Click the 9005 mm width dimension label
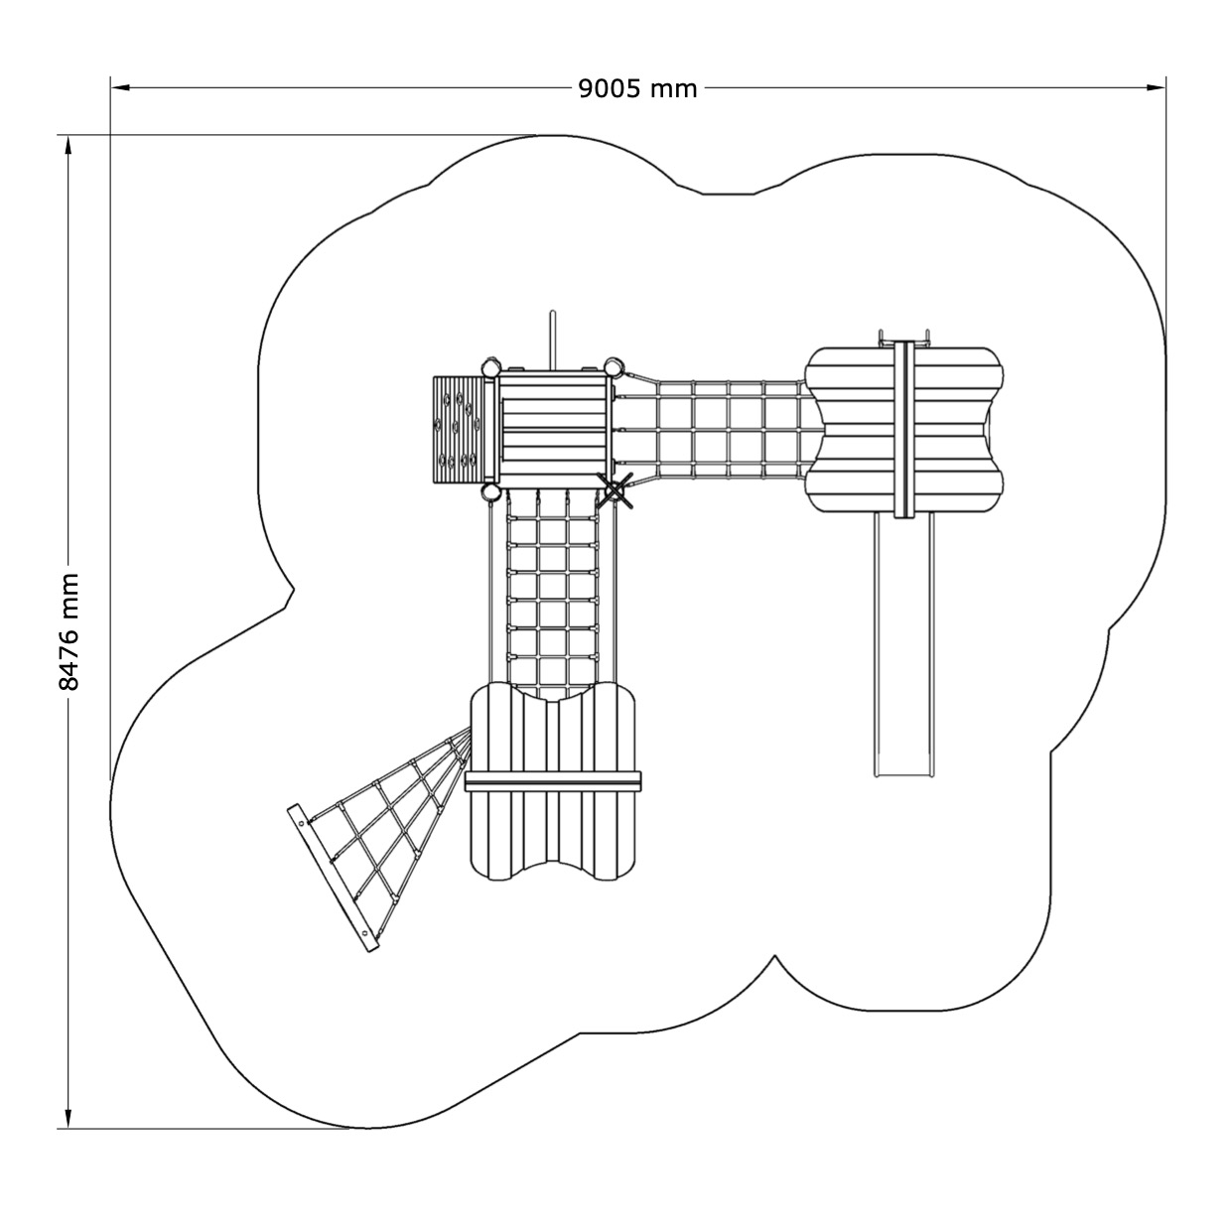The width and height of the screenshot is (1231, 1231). pyautogui.click(x=637, y=88)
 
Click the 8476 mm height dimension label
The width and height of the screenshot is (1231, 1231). pyautogui.click(x=68, y=631)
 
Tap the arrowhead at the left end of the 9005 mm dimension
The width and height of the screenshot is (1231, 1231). pyautogui.click(x=120, y=87)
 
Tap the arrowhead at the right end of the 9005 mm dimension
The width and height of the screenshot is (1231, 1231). pyautogui.click(x=1157, y=87)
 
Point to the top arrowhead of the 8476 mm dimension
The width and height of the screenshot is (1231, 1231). pyautogui.click(x=68, y=146)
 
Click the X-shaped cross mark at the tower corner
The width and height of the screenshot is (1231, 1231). pyautogui.click(x=615, y=490)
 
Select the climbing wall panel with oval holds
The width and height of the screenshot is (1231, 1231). pyautogui.click(x=458, y=428)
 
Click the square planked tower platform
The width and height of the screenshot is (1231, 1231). pyautogui.click(x=553, y=427)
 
